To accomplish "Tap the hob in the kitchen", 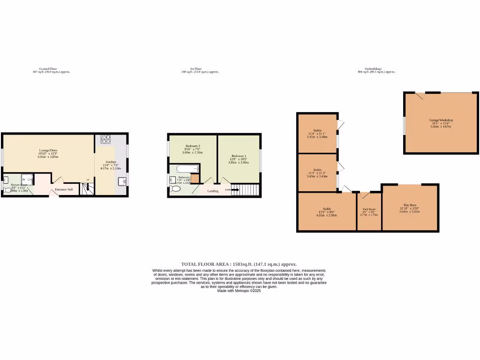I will [105, 139].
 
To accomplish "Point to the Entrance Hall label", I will [64, 189].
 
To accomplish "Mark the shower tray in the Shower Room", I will [27, 179].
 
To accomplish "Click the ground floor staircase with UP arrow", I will [87, 189].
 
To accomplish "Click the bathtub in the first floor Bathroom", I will [187, 169].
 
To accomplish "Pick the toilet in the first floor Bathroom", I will [176, 188].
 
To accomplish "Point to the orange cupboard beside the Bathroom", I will [195, 179].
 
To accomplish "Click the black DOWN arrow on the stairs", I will [235, 190].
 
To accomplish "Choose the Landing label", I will [213, 191].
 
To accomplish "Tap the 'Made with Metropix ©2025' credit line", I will [239, 291].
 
